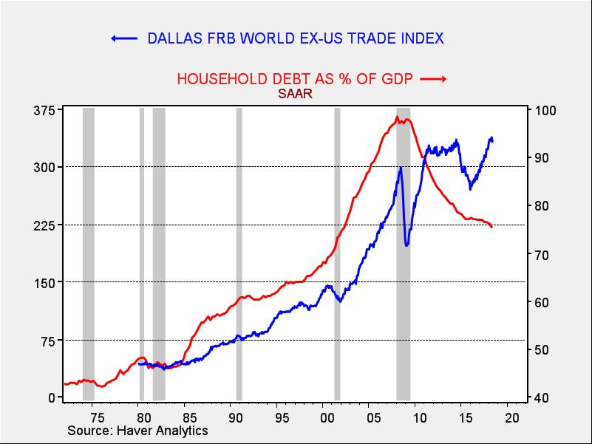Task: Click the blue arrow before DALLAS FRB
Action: coord(124,38)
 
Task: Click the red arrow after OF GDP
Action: coord(435,78)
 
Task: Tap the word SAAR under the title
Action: coord(295,94)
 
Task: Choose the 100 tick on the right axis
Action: coord(539,111)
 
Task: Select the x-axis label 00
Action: coord(326,417)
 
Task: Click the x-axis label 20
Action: coord(511,417)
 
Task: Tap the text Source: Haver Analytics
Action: coord(137,431)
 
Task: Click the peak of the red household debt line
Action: coord(398,117)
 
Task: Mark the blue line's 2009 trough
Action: coord(406,245)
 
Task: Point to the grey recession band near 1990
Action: coord(239,251)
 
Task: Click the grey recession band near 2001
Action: coord(337,251)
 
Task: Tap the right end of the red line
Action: coord(492,227)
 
